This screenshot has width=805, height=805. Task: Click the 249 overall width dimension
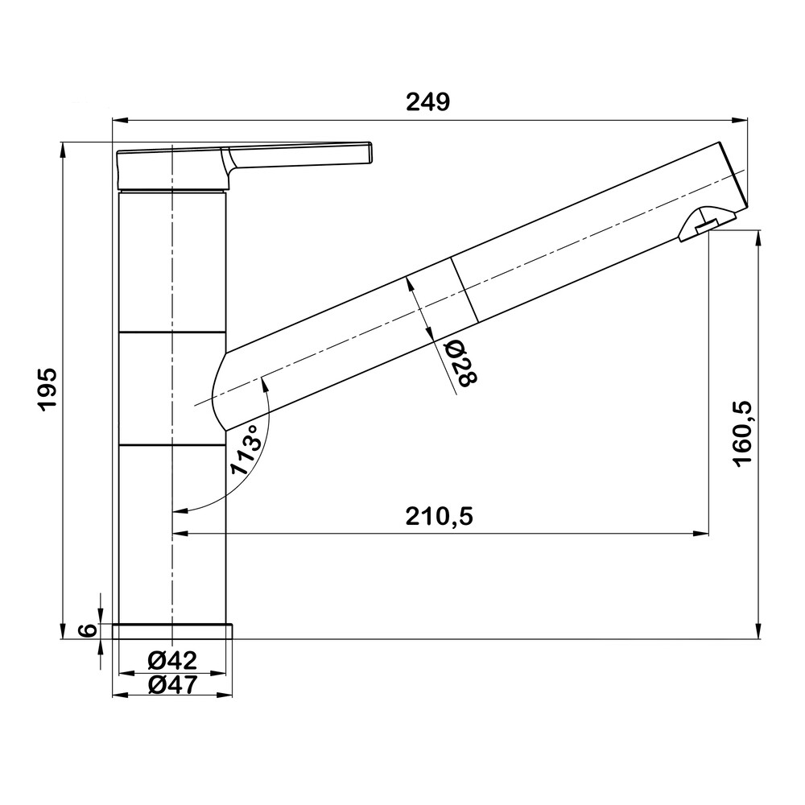click(x=427, y=102)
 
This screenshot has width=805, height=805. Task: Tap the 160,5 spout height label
click(x=742, y=434)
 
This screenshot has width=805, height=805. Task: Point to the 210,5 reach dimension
click(x=439, y=516)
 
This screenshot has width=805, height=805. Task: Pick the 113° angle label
click(x=246, y=451)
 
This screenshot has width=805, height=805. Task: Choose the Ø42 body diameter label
click(x=172, y=660)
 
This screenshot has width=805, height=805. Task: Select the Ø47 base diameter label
click(x=172, y=684)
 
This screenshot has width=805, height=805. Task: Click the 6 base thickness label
click(x=89, y=630)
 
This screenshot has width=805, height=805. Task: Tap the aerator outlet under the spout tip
click(x=707, y=225)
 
